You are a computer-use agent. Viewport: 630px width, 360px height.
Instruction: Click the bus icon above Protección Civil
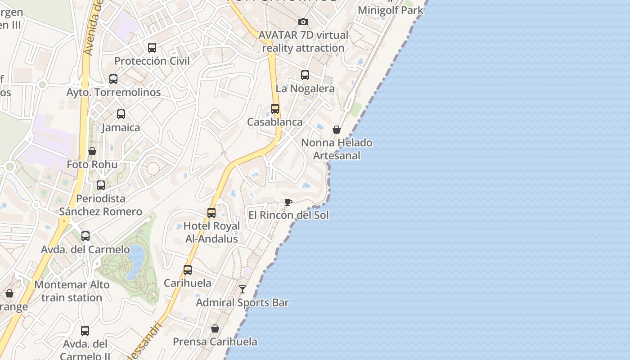[152, 48]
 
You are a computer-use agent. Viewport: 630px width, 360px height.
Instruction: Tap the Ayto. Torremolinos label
[113, 92]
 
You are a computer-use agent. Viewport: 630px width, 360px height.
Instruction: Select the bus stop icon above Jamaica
[121, 114]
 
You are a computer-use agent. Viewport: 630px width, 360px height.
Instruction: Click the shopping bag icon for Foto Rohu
[92, 151]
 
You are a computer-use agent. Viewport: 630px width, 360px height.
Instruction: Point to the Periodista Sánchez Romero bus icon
[101, 185]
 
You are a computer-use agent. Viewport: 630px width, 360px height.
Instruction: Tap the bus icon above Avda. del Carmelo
[85, 236]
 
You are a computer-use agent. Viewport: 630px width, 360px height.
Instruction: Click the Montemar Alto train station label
[72, 291]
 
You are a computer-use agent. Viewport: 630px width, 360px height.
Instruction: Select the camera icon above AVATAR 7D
[303, 22]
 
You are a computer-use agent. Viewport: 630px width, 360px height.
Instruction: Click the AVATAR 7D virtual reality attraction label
[303, 41]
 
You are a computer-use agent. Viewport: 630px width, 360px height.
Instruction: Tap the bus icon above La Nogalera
[305, 75]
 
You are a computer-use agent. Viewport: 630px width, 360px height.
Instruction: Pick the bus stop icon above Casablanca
[275, 109]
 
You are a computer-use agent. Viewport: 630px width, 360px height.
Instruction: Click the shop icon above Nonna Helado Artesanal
[337, 130]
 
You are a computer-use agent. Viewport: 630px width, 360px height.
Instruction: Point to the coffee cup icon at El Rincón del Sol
[288, 202]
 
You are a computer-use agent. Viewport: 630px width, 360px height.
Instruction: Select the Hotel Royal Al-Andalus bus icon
[211, 213]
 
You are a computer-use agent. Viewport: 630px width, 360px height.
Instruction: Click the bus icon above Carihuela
[188, 270]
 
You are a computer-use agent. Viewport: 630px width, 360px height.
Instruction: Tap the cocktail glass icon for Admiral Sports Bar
[243, 289]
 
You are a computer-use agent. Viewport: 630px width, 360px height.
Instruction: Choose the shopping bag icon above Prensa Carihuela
[215, 328]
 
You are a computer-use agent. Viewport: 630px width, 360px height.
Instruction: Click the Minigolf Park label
[390, 10]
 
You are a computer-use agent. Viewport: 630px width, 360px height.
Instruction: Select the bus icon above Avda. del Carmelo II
[85, 331]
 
